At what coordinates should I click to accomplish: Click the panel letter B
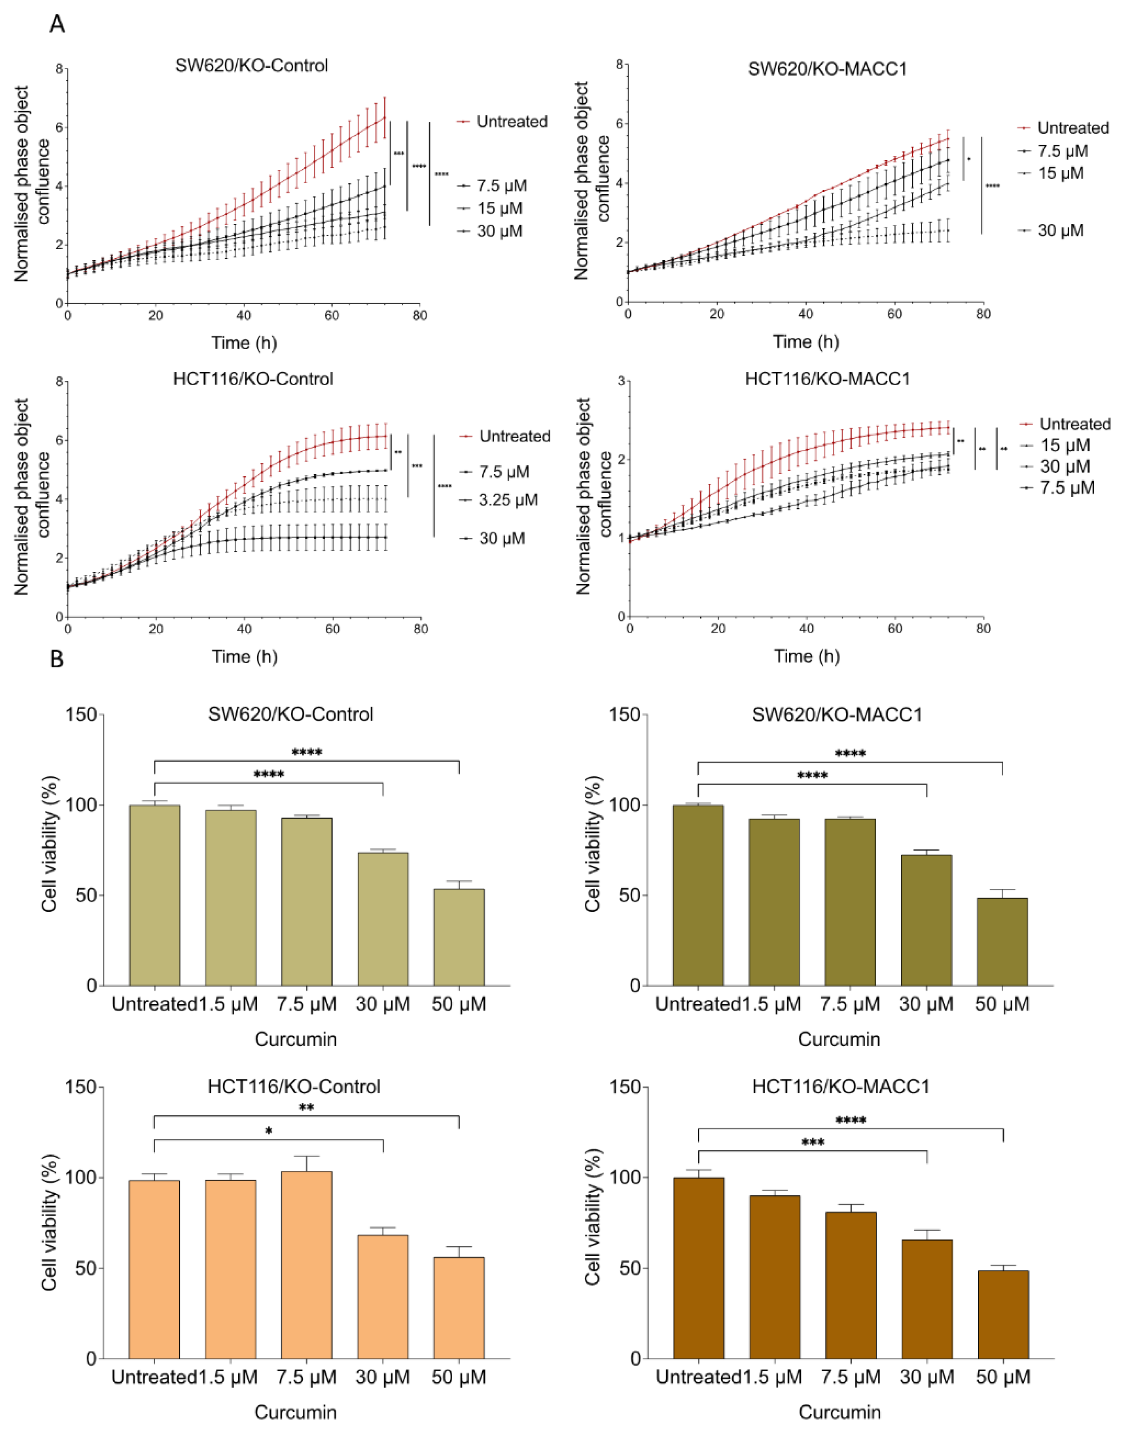coord(57,659)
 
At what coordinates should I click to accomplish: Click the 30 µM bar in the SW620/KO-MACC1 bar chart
coord(926,921)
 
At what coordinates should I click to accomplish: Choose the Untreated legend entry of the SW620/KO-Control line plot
coord(511,122)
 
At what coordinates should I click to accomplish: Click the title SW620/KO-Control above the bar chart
coord(290,715)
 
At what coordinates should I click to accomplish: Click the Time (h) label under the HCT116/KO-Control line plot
coord(244,656)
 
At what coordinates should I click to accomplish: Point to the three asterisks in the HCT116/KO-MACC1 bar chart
coord(813,1143)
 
